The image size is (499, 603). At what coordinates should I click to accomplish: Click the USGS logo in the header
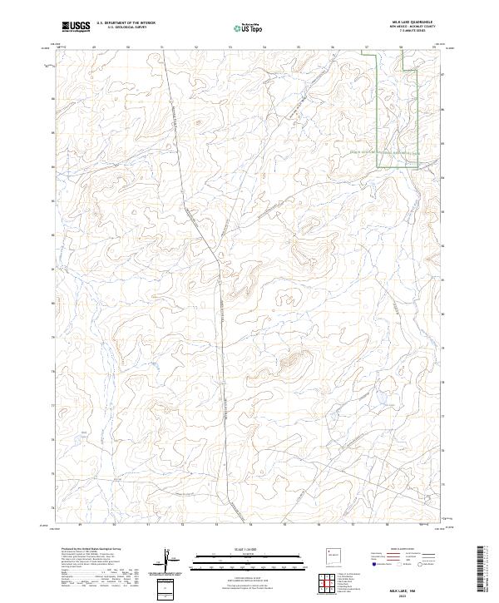[x=76, y=27]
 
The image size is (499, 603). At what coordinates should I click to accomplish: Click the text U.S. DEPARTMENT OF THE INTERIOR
[x=126, y=24]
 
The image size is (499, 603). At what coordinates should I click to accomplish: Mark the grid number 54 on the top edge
[x=264, y=47]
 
